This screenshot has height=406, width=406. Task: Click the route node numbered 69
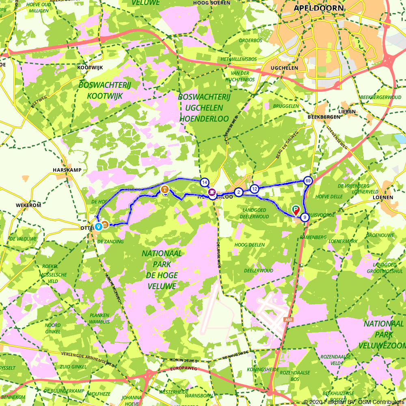click(308, 181)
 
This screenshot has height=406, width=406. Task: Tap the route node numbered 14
click(204, 182)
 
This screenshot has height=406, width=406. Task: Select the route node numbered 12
click(255, 189)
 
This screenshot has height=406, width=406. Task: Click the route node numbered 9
click(305, 218)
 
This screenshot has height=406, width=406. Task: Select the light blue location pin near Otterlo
click(98, 227)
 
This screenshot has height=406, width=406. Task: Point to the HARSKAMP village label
click(67, 170)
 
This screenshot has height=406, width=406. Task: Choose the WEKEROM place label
click(29, 205)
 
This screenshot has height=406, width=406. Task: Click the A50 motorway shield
click(288, 320)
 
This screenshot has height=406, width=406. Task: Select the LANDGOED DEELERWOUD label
click(255, 214)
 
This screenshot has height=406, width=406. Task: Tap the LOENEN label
click(382, 197)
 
